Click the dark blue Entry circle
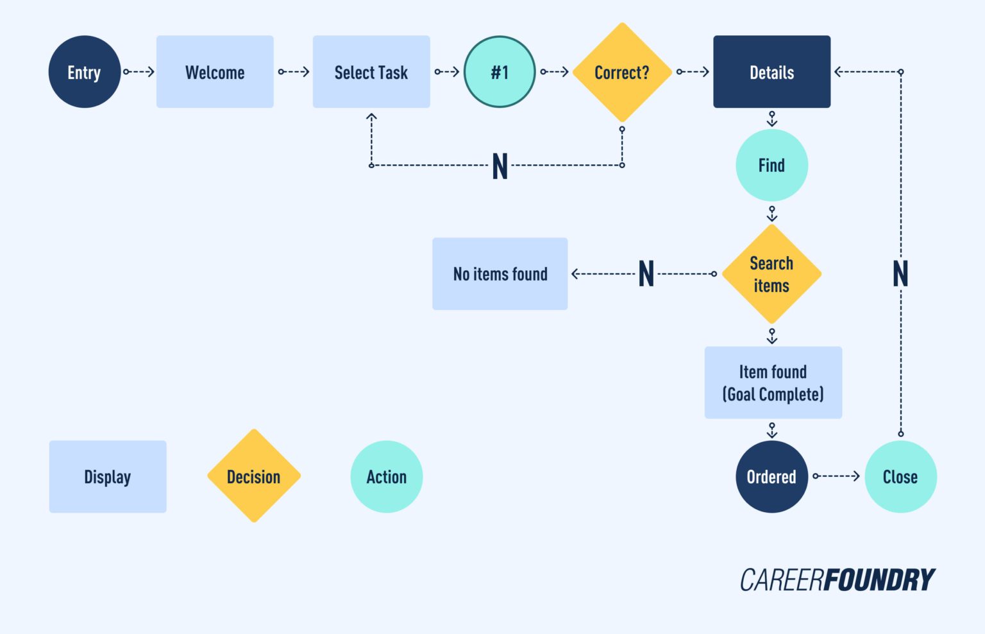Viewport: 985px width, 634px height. (x=84, y=72)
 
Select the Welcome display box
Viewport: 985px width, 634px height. (x=215, y=72)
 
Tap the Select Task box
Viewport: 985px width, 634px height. (x=371, y=72)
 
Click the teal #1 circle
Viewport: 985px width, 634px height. (x=500, y=72)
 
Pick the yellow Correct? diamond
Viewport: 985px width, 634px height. (x=621, y=73)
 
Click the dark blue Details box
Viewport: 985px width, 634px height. (x=771, y=72)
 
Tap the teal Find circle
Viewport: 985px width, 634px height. (x=771, y=166)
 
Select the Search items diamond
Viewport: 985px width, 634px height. (x=771, y=274)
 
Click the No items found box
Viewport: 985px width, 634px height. (x=500, y=274)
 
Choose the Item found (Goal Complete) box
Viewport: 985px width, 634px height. (x=773, y=383)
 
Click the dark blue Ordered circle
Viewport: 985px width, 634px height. (x=771, y=477)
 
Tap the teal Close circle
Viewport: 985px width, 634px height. (x=900, y=477)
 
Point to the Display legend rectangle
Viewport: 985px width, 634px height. (x=108, y=477)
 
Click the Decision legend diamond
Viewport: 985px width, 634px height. (x=254, y=476)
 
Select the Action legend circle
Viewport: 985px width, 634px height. (x=387, y=477)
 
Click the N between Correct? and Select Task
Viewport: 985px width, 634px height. (x=500, y=166)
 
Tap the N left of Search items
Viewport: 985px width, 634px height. (x=646, y=274)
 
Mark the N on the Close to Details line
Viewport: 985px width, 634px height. (x=900, y=274)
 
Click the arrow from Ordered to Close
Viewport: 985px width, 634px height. (x=836, y=476)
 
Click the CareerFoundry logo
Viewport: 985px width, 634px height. (x=838, y=580)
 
